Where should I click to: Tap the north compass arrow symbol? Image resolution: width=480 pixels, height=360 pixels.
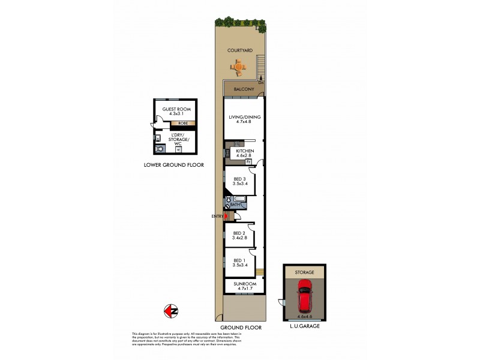click(x=170, y=311)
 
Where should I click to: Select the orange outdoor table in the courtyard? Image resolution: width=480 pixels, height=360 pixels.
click(x=239, y=69)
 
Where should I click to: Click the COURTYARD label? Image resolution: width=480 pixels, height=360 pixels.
click(x=239, y=51)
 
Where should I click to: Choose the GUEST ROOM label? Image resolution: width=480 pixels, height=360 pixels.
click(x=176, y=109)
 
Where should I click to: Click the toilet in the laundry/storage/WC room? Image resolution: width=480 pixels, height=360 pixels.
click(x=178, y=150)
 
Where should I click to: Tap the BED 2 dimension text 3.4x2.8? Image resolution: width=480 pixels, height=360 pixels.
click(x=239, y=238)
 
